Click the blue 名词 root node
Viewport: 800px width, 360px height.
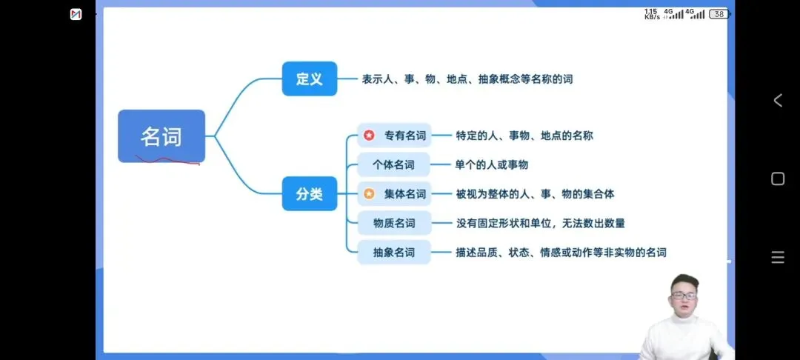(161, 136)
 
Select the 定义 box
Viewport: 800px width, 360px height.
(310, 79)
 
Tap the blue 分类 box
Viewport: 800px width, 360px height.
(310, 194)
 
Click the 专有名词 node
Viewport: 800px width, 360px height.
(394, 136)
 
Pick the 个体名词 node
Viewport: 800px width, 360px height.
(394, 164)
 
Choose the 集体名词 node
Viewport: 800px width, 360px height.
(394, 194)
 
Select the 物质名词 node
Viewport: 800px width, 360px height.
(394, 223)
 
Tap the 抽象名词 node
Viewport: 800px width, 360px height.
(394, 252)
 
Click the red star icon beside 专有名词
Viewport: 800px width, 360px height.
(369, 136)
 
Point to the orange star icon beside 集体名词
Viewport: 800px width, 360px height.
(369, 194)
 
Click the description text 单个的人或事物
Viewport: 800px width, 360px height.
(491, 164)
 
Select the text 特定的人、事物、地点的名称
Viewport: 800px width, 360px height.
(524, 136)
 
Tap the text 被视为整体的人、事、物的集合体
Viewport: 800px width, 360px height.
(535, 194)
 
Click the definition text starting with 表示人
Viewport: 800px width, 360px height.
(467, 79)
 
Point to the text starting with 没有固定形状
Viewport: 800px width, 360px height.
(540, 223)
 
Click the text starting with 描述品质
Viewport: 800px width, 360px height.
(561, 252)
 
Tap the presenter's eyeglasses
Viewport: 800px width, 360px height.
(683, 296)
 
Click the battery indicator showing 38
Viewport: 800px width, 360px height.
(719, 13)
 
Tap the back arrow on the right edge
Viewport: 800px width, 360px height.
(778, 101)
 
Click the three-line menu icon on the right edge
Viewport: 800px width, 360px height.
(778, 258)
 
